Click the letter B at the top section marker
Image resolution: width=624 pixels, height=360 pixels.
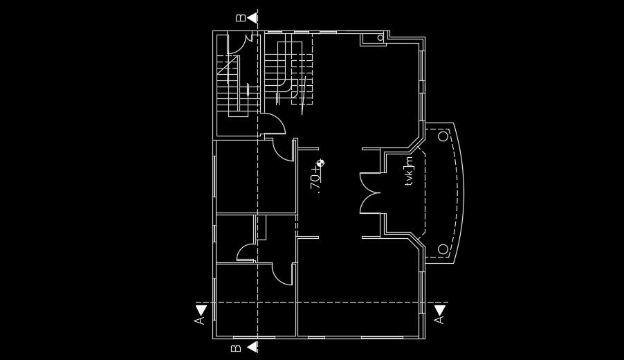(240, 17)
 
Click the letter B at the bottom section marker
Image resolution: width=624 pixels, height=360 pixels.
(237, 348)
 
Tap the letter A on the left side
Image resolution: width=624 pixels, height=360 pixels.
(200, 321)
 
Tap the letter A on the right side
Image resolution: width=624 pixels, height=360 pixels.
(439, 320)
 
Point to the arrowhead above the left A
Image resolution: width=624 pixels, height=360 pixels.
(201, 309)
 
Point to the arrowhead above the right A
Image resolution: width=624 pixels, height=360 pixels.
(439, 309)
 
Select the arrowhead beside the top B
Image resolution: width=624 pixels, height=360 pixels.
(253, 17)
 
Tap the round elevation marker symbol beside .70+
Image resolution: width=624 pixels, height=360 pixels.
(320, 163)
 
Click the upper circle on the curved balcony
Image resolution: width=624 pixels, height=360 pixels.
(443, 136)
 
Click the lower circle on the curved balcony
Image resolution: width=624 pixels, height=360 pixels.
(443, 249)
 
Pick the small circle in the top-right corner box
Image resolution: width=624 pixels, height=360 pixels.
(380, 37)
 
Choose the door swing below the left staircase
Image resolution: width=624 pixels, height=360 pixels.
(274, 125)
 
